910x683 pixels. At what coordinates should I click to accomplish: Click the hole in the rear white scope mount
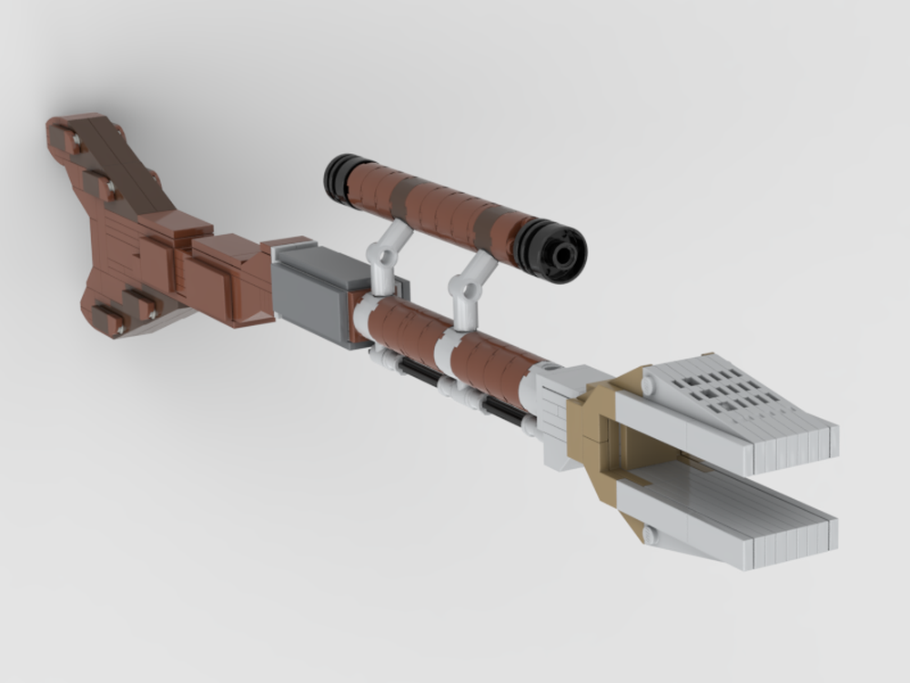point(386,258)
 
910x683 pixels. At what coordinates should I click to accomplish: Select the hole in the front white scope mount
point(471,291)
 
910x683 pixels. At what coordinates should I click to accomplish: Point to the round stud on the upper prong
point(647,386)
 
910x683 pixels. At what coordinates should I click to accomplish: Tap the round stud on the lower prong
point(649,534)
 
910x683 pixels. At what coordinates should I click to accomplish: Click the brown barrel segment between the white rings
point(406,329)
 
